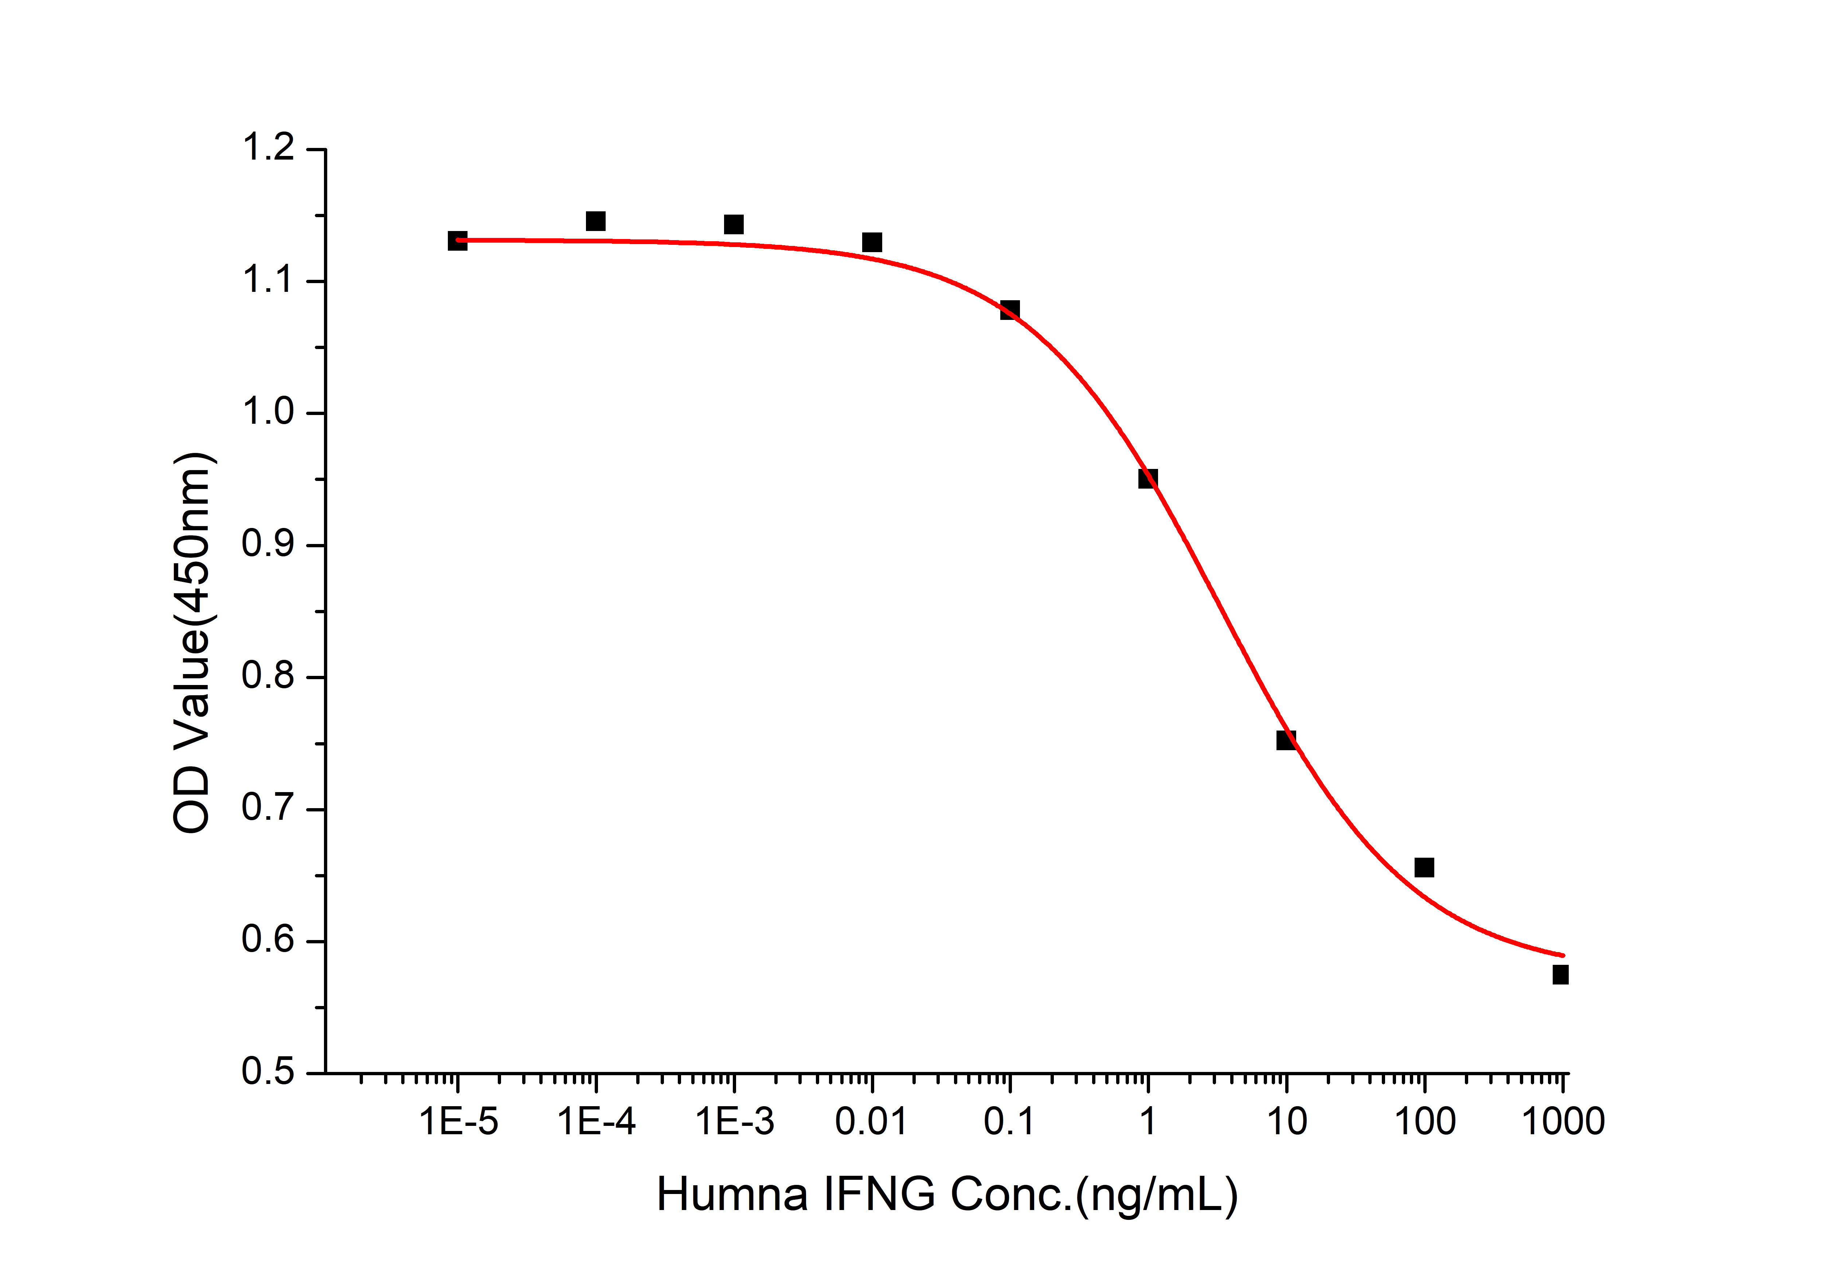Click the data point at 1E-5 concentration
coord(457,240)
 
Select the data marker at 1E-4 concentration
coord(595,221)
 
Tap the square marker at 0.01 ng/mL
coord(871,242)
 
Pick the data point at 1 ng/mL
coord(1147,478)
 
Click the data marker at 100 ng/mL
coord(1424,868)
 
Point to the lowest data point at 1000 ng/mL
coord(1560,975)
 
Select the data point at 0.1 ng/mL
coord(1009,309)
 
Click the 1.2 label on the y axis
coord(268,148)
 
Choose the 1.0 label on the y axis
coord(268,413)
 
